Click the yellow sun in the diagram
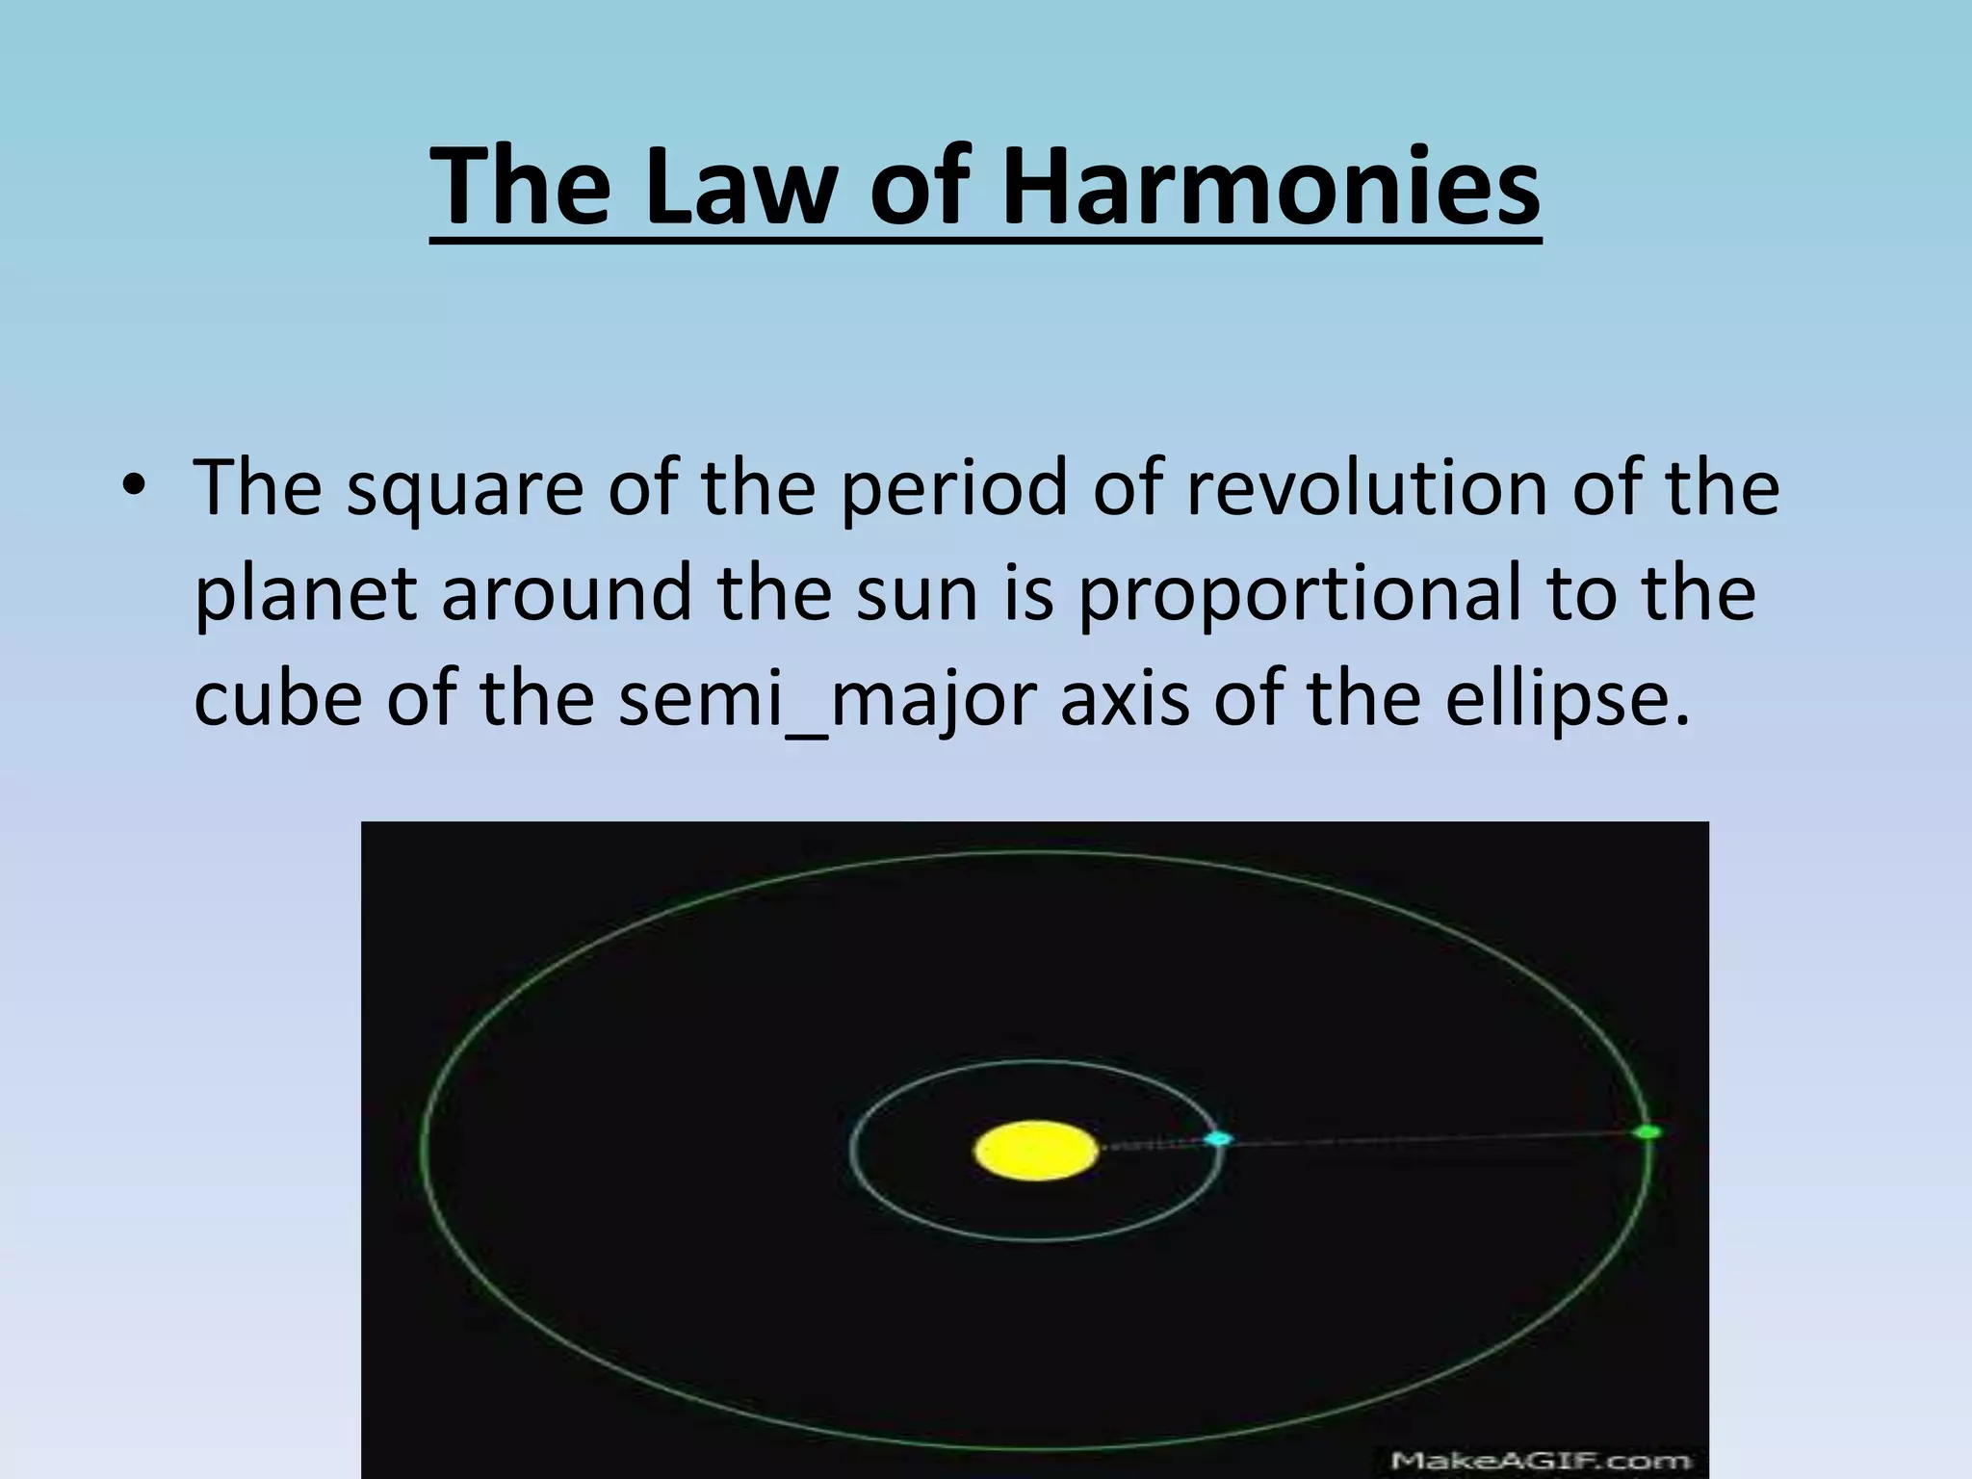point(1035,1151)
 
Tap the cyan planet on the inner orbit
point(1218,1139)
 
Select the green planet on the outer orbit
point(1648,1132)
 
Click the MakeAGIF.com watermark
point(1541,1461)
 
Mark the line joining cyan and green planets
point(1435,1137)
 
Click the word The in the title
point(520,186)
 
